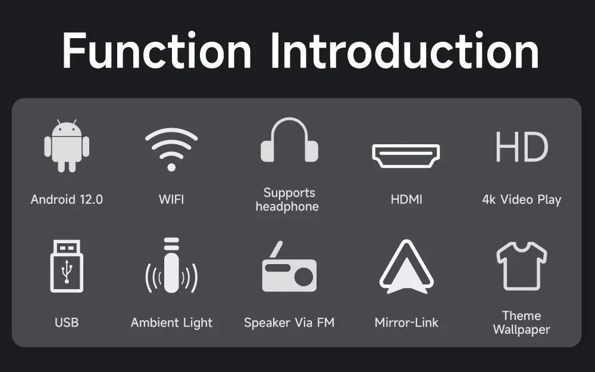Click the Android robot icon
(67, 147)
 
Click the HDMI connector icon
(406, 156)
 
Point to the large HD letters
(521, 148)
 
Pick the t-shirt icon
(521, 266)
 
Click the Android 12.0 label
(67, 200)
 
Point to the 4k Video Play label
(521, 200)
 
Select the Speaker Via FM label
(289, 323)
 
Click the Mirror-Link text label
(406, 323)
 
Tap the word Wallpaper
(521, 330)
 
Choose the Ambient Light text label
(171, 323)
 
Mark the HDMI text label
(406, 200)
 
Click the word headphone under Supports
(287, 207)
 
